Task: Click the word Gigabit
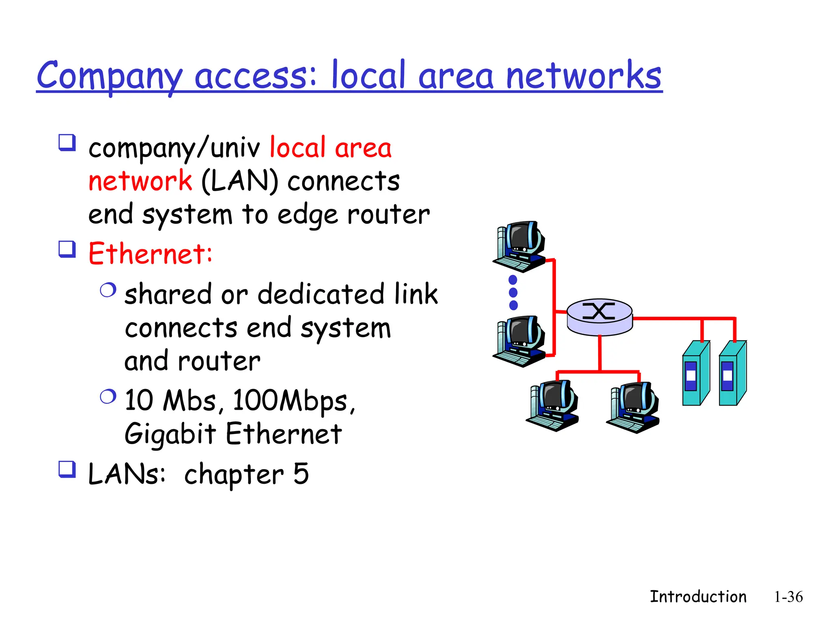[x=170, y=434]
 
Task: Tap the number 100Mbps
[x=291, y=401]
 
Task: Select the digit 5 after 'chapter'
[x=301, y=473]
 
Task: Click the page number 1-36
[x=788, y=597]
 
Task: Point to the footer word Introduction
[x=698, y=597]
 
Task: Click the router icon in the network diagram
[x=599, y=318]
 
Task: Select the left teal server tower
[x=695, y=373]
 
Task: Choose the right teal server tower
[x=732, y=373]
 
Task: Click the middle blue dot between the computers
[x=513, y=292]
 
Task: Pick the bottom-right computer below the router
[x=633, y=407]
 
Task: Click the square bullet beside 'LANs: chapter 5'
[x=67, y=469]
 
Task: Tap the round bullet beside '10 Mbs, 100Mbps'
[x=108, y=396]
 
